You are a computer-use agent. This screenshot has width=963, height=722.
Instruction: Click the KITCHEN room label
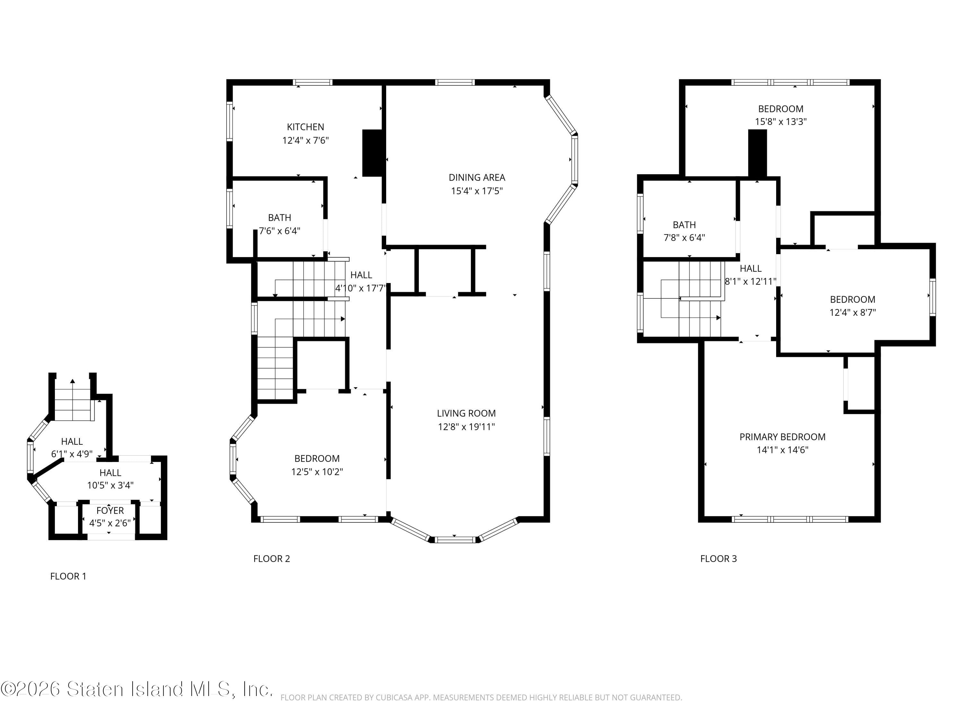pos(305,127)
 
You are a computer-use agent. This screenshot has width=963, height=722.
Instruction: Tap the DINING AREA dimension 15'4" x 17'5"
pos(477,191)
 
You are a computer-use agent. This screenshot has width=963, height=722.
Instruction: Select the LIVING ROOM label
pos(466,413)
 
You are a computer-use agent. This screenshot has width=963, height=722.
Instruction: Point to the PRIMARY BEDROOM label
pos(782,437)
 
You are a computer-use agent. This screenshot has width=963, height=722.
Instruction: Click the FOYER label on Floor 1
pos(110,511)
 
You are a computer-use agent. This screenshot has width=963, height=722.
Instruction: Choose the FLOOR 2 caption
pos(272,559)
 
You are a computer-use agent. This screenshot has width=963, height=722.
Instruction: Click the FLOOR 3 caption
pos(718,559)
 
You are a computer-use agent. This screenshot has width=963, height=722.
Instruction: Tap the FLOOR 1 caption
pos(68,576)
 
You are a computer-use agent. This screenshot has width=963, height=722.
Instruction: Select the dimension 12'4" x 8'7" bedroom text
pos(853,313)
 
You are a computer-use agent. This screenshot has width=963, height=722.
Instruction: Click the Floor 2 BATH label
pos(280,218)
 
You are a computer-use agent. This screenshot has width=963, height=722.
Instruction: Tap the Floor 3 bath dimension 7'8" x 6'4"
pos(684,238)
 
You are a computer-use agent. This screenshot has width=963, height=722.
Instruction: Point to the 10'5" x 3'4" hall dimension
pos(110,485)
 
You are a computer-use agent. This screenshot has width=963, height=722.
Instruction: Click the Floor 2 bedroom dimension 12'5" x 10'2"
pos(317,472)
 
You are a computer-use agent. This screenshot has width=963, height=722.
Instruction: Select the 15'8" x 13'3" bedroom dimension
pos(781,122)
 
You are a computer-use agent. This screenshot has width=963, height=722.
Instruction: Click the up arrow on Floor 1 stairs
pos(73,382)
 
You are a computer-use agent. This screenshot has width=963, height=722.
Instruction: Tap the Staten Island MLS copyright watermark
pos(137,689)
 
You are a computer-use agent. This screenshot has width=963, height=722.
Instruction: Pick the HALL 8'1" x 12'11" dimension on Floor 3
pos(750,281)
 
